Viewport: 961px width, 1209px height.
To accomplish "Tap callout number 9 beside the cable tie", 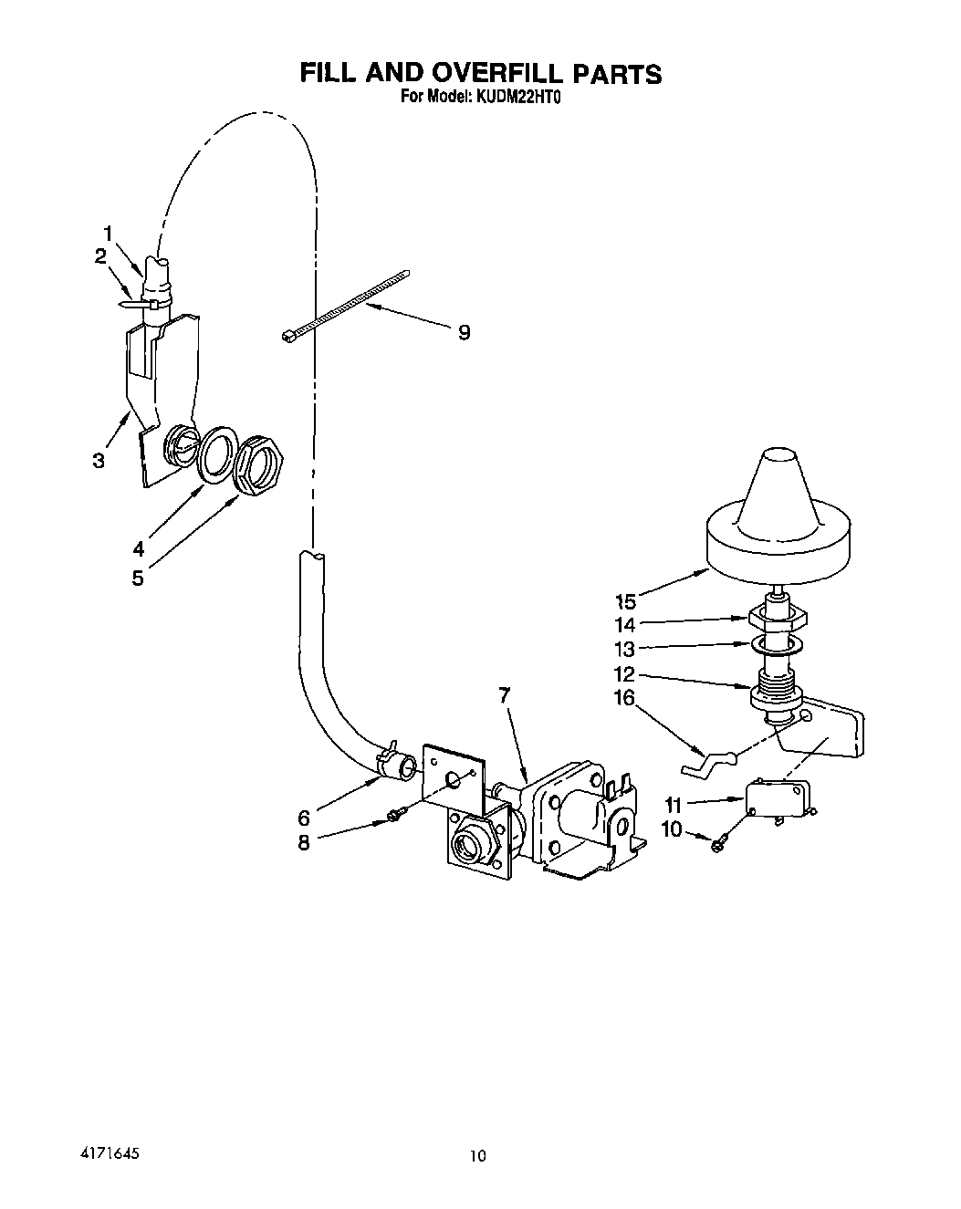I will [x=464, y=333].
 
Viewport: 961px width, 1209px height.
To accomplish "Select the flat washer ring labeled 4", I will [x=217, y=453].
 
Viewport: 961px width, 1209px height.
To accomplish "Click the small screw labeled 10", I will [x=720, y=844].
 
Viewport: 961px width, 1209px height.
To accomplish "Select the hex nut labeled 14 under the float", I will [x=778, y=618].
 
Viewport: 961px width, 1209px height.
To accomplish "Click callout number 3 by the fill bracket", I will [x=99, y=461].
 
